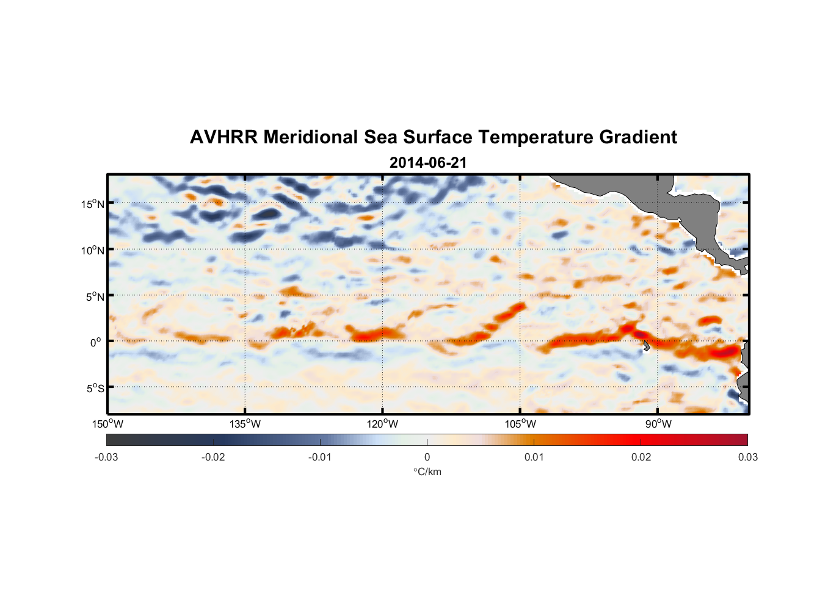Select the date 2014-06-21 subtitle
click(x=428, y=163)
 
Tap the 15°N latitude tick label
click(x=92, y=204)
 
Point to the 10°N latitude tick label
click(x=92, y=250)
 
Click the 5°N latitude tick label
click(x=94, y=296)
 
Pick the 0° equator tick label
click(x=96, y=342)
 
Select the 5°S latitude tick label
click(x=94, y=389)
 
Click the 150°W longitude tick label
click(x=107, y=424)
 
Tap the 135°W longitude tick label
click(x=245, y=424)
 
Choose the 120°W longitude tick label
click(x=382, y=424)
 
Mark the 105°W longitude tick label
click(x=520, y=424)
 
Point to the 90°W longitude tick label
click(x=658, y=424)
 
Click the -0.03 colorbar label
click(x=106, y=457)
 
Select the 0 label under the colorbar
click(x=427, y=457)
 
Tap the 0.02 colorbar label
click(x=641, y=457)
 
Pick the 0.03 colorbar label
click(x=747, y=457)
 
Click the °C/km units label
click(x=427, y=472)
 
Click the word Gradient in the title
click(x=637, y=137)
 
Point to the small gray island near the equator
click(x=646, y=346)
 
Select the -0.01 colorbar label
click(x=320, y=457)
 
